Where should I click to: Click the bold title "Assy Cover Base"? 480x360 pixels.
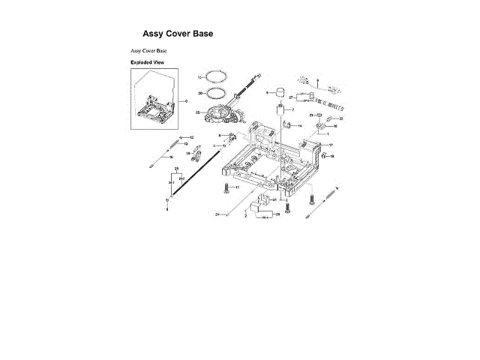(x=177, y=34)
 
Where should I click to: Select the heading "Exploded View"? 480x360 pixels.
(x=148, y=62)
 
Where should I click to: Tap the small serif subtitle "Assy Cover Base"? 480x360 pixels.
(x=148, y=50)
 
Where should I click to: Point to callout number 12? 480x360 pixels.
(x=192, y=138)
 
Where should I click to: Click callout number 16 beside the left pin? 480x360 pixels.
(x=172, y=157)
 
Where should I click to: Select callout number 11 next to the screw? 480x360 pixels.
(x=237, y=187)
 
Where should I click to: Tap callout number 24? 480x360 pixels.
(x=217, y=214)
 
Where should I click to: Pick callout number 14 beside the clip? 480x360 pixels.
(x=300, y=127)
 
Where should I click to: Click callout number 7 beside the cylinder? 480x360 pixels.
(x=293, y=110)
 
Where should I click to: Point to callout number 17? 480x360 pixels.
(x=331, y=144)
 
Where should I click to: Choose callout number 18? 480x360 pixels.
(x=332, y=156)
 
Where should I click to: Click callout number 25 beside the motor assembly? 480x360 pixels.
(x=197, y=112)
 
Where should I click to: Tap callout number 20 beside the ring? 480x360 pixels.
(x=200, y=93)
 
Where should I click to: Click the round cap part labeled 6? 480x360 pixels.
(x=279, y=94)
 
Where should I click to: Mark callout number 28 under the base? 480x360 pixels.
(x=278, y=214)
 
